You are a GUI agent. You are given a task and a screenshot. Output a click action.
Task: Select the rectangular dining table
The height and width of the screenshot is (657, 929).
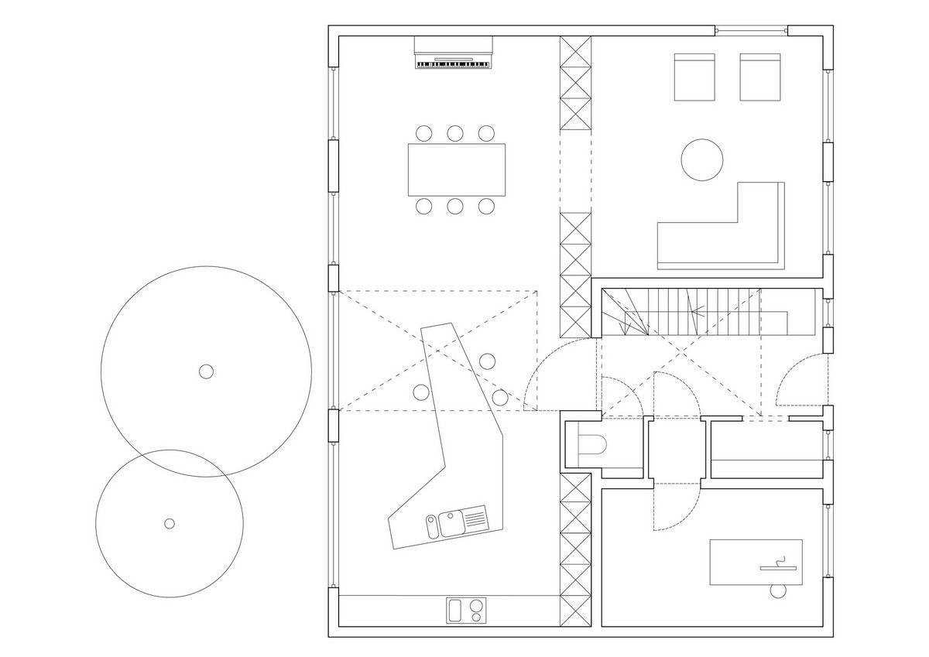coord(457,169)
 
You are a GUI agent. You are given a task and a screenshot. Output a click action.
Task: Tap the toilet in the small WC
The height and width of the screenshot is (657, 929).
coord(595,446)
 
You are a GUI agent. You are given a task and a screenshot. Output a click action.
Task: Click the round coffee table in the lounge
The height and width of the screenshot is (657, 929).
coord(701,159)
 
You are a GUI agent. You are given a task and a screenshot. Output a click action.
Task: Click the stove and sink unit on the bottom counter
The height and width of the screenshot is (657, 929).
coord(468,609)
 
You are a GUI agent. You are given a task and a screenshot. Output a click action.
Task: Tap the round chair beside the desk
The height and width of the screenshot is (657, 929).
coord(777,591)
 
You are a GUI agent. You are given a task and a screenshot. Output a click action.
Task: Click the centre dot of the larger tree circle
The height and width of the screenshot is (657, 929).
coord(206,371)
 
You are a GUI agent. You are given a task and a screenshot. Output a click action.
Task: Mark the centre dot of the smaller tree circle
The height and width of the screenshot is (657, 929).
coord(170,523)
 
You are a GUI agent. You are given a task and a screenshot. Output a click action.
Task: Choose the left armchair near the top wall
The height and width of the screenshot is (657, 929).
coord(694,77)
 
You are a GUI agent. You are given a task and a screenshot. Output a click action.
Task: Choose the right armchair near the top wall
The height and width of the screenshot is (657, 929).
coord(759,77)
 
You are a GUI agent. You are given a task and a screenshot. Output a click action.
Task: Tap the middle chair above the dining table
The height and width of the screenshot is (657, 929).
coord(454,132)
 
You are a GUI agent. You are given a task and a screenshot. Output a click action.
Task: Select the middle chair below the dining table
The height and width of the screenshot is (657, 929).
coord(454,206)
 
